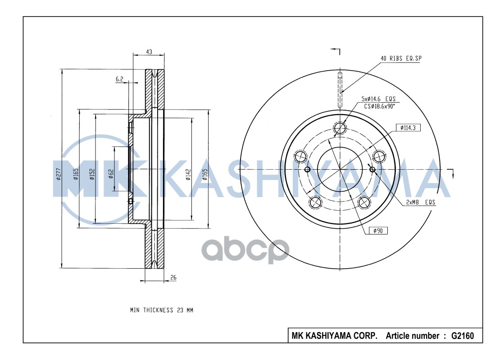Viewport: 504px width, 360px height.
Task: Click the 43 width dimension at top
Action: coord(149,52)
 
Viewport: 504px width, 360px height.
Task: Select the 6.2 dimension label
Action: coord(119,79)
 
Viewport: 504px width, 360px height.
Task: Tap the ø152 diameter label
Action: coord(91,174)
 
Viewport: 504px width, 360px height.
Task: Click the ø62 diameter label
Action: coord(110,174)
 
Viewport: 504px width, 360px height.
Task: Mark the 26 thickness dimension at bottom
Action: coord(173,278)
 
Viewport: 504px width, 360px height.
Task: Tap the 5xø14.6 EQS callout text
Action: coord(379,98)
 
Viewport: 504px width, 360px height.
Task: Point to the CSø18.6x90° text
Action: coord(379,106)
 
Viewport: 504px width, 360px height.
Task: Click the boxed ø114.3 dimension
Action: coord(408,128)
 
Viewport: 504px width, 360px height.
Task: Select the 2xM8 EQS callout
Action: coord(421,202)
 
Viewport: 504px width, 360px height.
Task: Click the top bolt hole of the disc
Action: coord(340,129)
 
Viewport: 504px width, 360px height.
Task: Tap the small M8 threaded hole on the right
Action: coord(372,169)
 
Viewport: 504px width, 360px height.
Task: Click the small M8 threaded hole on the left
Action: coord(308,169)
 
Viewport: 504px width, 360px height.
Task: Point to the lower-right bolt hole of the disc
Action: coord(364,202)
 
